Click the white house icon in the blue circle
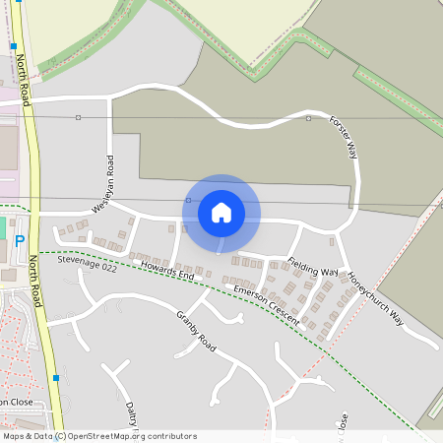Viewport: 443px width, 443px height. tap(221, 212)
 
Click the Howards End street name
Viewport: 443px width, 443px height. tap(166, 272)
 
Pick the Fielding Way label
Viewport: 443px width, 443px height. tap(313, 267)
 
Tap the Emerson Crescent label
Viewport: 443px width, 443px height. tap(267, 306)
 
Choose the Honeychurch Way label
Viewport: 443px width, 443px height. tap(376, 296)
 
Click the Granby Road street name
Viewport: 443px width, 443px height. tap(195, 329)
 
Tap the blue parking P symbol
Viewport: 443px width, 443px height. tap(20, 242)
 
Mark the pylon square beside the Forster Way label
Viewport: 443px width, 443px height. tap(308, 118)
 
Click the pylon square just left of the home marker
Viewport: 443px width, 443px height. tap(187, 200)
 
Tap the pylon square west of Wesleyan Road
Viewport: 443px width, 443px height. tap(78, 117)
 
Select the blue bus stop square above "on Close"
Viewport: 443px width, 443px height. tap(56, 377)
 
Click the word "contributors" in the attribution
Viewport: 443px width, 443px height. tap(169, 436)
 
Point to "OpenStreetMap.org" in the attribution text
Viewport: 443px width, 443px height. tap(104, 436)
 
